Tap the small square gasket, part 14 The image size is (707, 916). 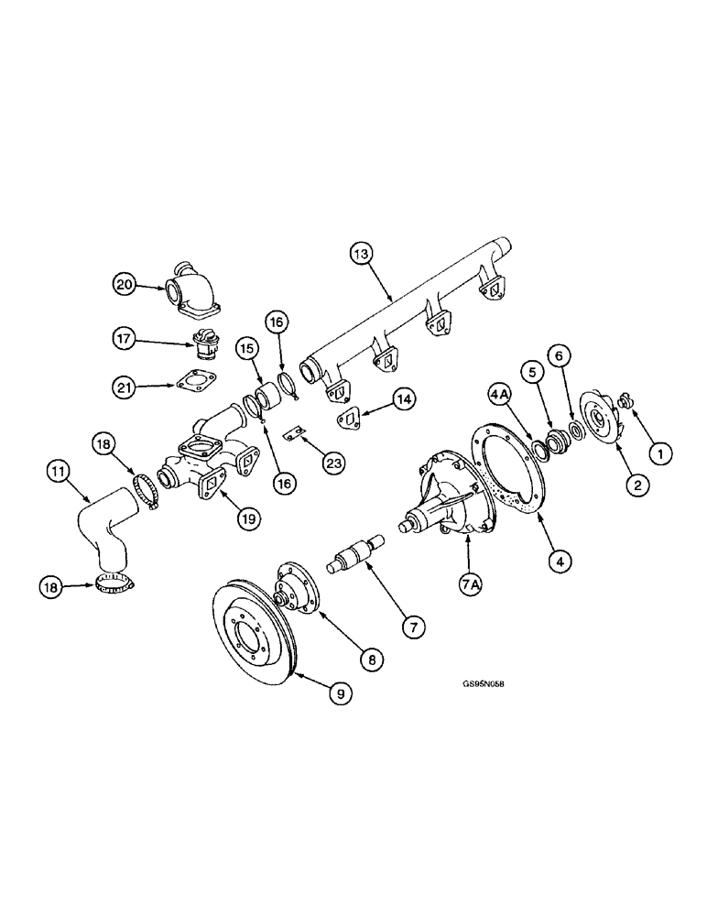349,417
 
